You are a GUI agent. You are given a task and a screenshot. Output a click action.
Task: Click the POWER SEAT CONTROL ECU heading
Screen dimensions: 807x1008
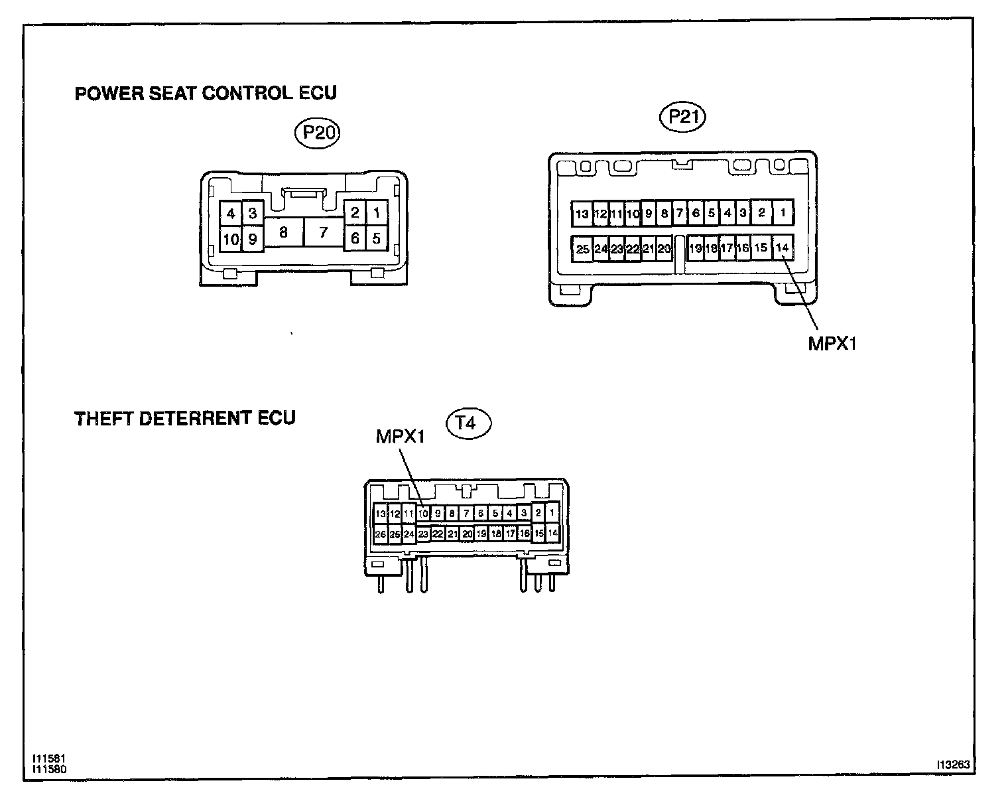click(x=206, y=93)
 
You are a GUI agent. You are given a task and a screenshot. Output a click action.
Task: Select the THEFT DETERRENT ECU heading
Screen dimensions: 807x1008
click(x=185, y=419)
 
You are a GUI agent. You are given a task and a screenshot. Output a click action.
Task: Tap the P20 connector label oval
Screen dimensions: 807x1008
click(x=317, y=133)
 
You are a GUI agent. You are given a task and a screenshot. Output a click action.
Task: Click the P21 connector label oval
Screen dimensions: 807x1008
click(x=683, y=117)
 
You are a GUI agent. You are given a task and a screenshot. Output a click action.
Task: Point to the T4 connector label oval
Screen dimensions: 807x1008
click(x=469, y=423)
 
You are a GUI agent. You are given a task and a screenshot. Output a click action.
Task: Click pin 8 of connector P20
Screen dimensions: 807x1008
click(x=283, y=233)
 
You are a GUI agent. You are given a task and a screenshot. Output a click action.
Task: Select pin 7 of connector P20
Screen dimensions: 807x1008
click(x=324, y=233)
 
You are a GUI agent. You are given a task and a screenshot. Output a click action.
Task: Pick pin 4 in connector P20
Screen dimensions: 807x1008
click(x=231, y=214)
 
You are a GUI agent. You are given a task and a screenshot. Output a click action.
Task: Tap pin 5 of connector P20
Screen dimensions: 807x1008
click(x=377, y=238)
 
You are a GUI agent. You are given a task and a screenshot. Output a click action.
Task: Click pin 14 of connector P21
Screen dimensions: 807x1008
click(x=783, y=248)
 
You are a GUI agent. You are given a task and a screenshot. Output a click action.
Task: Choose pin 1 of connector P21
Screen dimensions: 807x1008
click(x=783, y=213)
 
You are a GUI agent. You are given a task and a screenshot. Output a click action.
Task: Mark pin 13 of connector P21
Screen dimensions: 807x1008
click(x=582, y=214)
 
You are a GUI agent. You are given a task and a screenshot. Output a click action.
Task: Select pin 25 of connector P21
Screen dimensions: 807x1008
click(x=582, y=249)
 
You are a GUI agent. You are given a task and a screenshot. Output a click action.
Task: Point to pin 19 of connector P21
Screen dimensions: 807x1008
click(x=695, y=249)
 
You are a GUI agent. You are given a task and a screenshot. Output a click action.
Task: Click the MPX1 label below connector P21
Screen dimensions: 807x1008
click(x=832, y=344)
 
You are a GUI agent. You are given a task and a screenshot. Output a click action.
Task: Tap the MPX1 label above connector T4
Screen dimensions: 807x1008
click(x=400, y=436)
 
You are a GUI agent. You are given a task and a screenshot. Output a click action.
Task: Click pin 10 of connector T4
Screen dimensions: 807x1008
click(x=423, y=513)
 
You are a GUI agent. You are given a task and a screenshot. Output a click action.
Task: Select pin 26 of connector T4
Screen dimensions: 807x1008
click(x=381, y=534)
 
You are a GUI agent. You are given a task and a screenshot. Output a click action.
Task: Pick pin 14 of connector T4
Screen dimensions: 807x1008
click(x=552, y=533)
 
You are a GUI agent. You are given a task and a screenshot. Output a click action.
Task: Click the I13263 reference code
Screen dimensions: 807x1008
click(x=953, y=765)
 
